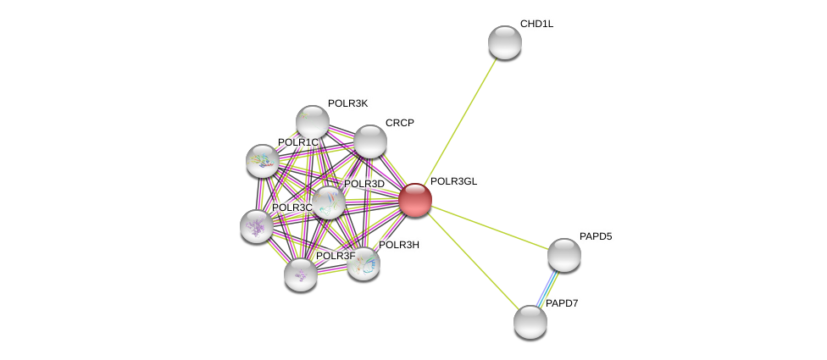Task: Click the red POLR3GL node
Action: pos(415,200)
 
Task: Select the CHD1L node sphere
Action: pos(505,42)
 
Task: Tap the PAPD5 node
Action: pos(564,255)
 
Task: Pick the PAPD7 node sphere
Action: pos(530,322)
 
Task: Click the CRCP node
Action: pos(369,141)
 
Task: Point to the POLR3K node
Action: pos(313,122)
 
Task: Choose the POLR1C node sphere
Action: pos(263,161)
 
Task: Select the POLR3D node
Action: pos(329,202)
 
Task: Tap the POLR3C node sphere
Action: pos(257,226)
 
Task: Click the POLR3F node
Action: pos(301,274)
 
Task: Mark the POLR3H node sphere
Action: pos(364,264)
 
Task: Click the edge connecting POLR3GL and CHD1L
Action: pos(460,120)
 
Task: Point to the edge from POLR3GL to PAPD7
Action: pos(473,261)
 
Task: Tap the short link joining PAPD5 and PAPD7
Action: pos(547,288)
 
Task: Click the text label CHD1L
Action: pos(537,24)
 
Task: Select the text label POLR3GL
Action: pos(453,181)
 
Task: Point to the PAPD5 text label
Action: pos(596,236)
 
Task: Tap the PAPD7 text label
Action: pos(562,303)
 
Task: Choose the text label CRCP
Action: pos(400,123)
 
